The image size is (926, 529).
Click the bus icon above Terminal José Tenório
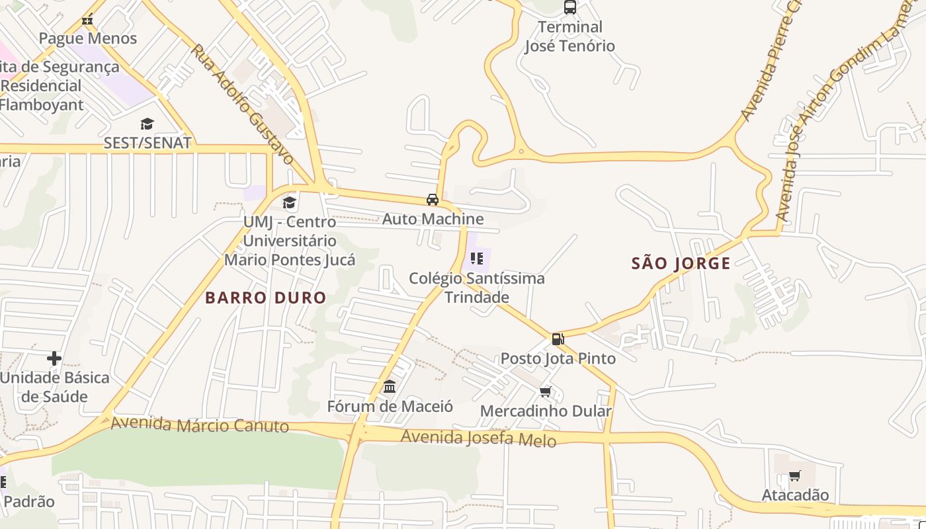click(569, 7)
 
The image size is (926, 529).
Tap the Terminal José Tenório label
click(569, 36)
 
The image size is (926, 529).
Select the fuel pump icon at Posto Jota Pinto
click(558, 339)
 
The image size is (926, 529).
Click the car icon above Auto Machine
click(433, 200)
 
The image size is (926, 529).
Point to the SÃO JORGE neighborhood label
click(681, 264)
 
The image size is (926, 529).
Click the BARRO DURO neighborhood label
click(265, 298)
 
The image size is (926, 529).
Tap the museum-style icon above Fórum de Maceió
click(390, 386)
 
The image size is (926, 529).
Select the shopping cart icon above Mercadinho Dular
click(546, 392)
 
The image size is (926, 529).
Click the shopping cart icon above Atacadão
click(795, 476)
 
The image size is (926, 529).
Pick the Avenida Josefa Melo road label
click(478, 438)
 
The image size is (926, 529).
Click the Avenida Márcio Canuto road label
click(200, 425)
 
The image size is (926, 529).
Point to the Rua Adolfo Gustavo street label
click(242, 104)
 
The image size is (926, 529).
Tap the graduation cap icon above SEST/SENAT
click(147, 124)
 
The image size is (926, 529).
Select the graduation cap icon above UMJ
click(289, 202)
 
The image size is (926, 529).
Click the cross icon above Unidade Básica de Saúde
click(54, 358)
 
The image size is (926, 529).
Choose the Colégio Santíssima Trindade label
click(476, 288)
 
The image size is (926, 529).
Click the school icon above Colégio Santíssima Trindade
click(476, 259)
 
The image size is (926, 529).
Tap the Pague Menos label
click(88, 38)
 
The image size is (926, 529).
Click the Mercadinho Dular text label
click(546, 411)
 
